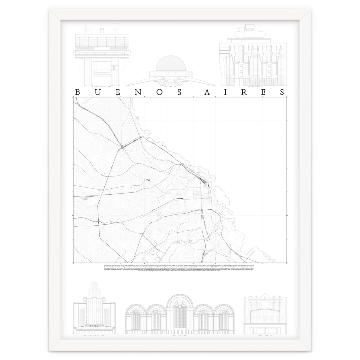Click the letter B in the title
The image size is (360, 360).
[77, 92]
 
